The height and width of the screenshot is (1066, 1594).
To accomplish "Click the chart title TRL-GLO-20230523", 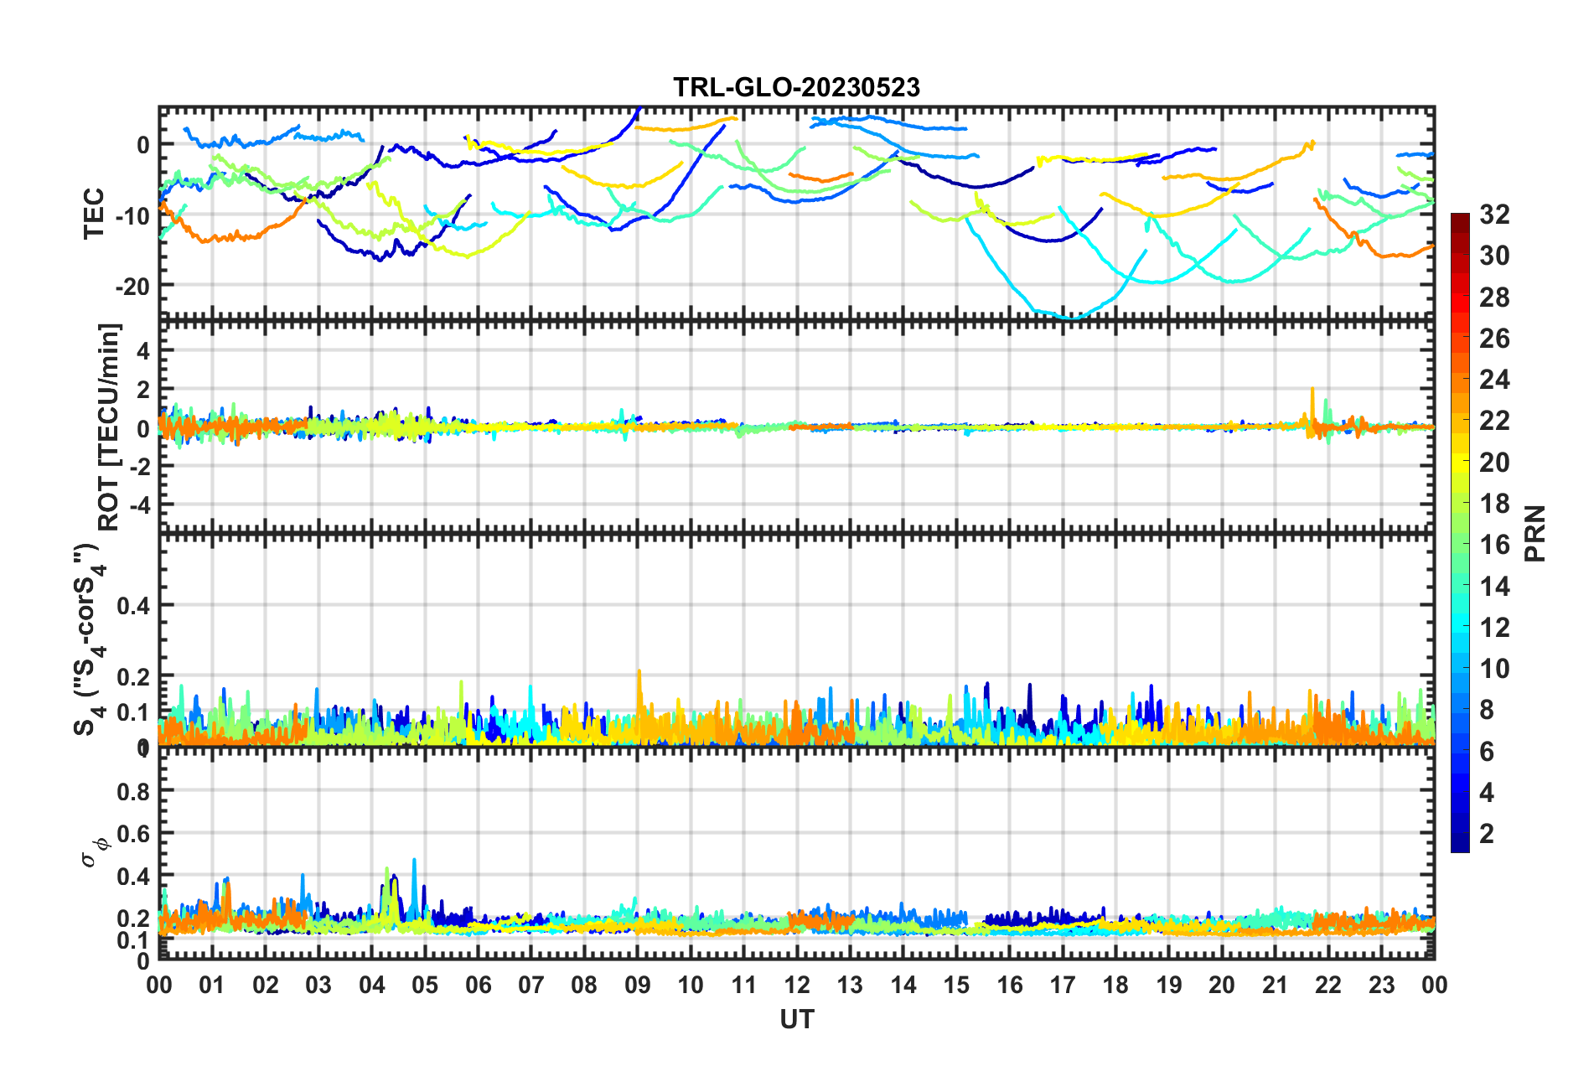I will coord(796,87).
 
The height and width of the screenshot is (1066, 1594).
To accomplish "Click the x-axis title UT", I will coord(796,1019).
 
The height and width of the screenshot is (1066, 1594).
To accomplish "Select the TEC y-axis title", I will coord(94,213).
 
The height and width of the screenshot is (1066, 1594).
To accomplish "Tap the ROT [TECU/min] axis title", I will coord(109,427).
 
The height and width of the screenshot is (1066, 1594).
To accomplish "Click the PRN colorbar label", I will coord(1535,533).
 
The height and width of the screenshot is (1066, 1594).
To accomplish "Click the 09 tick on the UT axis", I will coord(637,985).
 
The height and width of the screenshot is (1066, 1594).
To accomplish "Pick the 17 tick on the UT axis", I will coord(1063,985).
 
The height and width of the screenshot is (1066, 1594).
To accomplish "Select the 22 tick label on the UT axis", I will coord(1328,985).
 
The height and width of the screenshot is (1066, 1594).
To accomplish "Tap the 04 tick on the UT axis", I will coord(371,985).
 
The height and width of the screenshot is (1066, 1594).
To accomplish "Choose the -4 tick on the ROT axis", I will coord(139,505).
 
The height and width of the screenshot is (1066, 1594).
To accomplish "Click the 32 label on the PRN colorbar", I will coord(1494,215).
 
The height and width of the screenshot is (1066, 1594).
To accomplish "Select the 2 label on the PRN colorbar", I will coord(1488,833).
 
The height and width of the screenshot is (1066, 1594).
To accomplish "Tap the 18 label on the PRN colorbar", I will coord(1494,504).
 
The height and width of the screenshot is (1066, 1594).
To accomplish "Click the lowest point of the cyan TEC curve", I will coord(1072,318).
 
